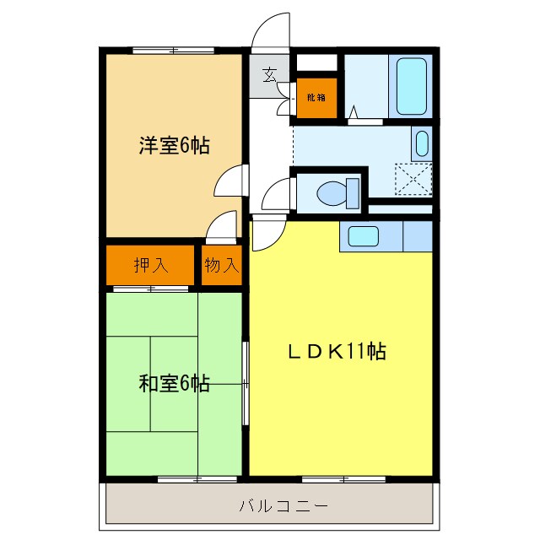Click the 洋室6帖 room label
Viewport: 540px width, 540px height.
[175, 145]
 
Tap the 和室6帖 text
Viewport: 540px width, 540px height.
[175, 384]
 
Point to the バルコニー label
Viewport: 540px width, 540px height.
[271, 507]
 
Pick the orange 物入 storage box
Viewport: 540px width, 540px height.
[222, 265]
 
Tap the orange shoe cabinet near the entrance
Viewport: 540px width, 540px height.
[316, 97]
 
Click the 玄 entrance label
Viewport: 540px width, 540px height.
[269, 75]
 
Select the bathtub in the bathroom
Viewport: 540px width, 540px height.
[413, 87]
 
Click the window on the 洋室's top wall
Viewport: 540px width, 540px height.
[174, 51]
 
